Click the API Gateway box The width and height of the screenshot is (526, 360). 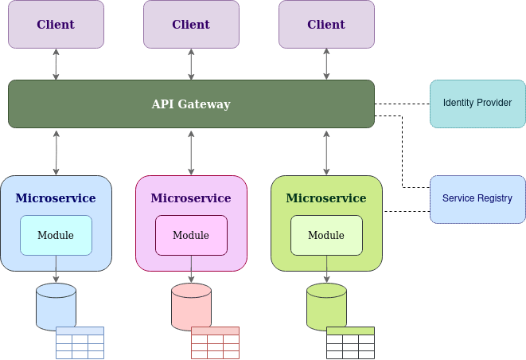[x=191, y=104]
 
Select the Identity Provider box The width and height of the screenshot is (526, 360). [x=477, y=104]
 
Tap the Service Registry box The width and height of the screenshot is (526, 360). [x=477, y=199]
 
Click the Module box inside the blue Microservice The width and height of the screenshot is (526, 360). [x=56, y=235]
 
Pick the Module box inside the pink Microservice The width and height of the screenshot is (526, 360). [x=191, y=235]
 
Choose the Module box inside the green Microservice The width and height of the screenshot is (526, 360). [x=326, y=235]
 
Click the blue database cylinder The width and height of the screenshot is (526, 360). [x=56, y=307]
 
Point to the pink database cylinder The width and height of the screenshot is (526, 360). [x=191, y=307]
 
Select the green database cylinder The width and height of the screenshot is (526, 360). [x=326, y=307]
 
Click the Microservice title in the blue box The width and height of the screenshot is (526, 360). [x=56, y=198]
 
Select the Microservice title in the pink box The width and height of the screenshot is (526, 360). [x=191, y=198]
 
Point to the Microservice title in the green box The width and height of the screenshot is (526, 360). [x=326, y=198]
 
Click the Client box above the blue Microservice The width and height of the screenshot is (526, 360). [x=56, y=24]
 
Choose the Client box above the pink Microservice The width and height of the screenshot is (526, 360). [x=191, y=24]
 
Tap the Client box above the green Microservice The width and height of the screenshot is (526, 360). [x=326, y=24]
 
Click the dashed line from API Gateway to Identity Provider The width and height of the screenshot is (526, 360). [x=402, y=104]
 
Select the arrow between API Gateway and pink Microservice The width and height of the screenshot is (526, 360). [x=191, y=151]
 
